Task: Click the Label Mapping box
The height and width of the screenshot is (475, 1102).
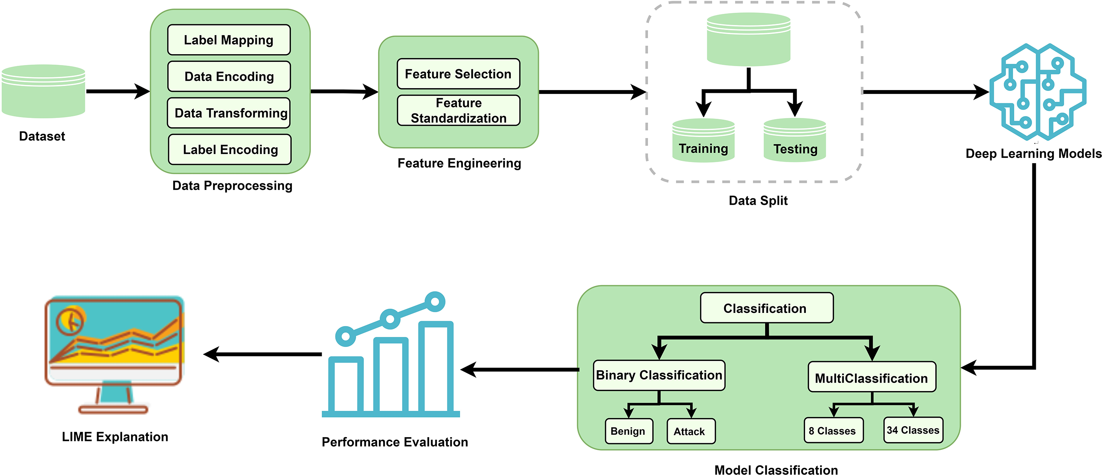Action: click(229, 40)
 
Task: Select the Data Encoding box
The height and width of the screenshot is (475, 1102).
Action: click(229, 76)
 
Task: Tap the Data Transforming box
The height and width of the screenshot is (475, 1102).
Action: click(229, 113)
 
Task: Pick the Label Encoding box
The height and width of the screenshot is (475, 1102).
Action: click(230, 149)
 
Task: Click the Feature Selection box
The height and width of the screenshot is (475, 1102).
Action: click(458, 74)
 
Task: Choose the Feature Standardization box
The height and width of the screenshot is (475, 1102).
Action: click(458, 110)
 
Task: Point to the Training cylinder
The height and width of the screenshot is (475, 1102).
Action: click(703, 141)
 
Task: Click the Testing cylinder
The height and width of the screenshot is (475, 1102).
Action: click(795, 141)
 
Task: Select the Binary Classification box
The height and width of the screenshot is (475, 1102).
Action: click(659, 375)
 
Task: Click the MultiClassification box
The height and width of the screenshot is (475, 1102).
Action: click(872, 378)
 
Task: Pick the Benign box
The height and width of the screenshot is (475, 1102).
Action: click(628, 431)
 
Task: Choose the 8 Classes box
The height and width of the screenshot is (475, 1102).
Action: click(833, 431)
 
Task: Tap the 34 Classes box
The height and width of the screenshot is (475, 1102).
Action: click(913, 430)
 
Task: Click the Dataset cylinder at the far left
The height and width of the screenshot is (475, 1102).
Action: click(43, 91)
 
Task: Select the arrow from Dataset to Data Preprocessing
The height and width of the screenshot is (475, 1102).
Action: click(118, 91)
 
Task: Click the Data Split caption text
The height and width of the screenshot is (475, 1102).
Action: click(758, 201)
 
